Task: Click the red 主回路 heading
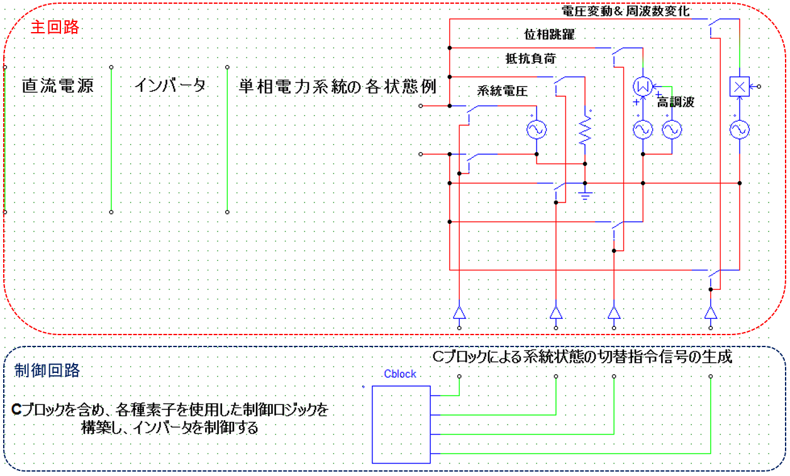click(55, 28)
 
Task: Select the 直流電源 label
click(58, 86)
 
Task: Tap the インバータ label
click(170, 86)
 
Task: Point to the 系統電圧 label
click(502, 90)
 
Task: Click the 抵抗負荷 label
click(531, 58)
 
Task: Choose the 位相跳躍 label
click(549, 35)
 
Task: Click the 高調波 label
click(676, 102)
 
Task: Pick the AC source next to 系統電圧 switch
click(536, 130)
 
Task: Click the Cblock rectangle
click(401, 424)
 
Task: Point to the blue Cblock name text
click(399, 374)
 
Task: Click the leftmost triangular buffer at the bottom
click(460, 313)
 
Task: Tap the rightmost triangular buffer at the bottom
click(711, 313)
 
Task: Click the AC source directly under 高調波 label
click(672, 130)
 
